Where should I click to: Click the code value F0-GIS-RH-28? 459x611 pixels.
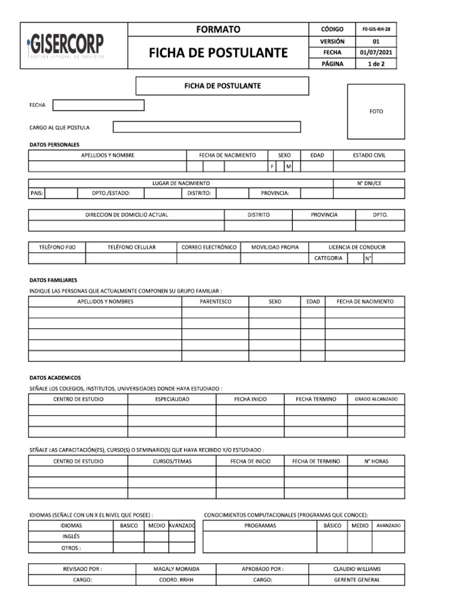(376, 29)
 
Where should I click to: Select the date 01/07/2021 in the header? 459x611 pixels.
(376, 53)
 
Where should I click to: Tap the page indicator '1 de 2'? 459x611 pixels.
(376, 64)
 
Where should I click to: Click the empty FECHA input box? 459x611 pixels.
(99, 105)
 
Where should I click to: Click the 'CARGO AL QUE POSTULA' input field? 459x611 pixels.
(207, 127)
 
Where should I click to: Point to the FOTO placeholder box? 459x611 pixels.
(376, 112)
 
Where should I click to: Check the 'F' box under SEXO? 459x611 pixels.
(273, 166)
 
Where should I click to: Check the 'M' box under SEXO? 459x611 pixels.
(288, 166)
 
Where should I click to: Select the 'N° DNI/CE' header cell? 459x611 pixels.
(369, 183)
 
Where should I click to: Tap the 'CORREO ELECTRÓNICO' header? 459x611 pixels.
(209, 247)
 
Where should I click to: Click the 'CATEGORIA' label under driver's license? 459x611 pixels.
(329, 258)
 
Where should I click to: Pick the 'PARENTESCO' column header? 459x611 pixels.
(215, 302)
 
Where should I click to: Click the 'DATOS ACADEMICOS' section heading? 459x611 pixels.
(56, 378)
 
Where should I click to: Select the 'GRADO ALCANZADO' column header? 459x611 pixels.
(376, 399)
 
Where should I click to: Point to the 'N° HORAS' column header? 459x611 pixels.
(376, 461)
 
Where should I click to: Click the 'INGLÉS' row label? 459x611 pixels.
(71, 536)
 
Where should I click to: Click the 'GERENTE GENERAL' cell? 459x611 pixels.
(357, 580)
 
